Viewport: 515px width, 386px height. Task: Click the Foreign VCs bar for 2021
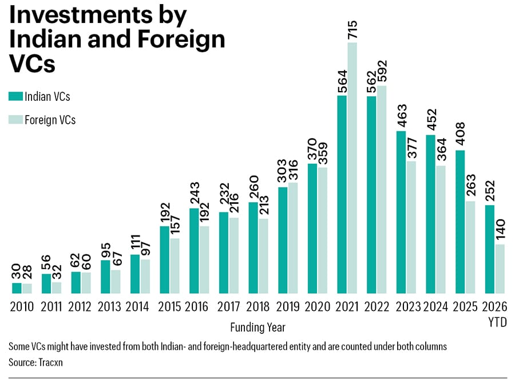[x=352, y=168]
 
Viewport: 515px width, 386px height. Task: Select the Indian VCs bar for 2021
[x=342, y=195]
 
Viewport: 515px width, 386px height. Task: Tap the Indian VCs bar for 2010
[x=17, y=288]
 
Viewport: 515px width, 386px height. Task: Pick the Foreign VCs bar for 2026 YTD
[x=500, y=269]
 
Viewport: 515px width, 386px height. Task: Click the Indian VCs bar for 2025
[x=460, y=222]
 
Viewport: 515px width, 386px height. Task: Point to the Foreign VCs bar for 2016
[x=204, y=260]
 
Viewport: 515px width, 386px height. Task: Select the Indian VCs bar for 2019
[x=283, y=241]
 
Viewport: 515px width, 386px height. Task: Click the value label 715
[x=352, y=30]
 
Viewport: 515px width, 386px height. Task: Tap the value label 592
[x=382, y=72]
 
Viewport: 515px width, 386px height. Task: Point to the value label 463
[x=401, y=116]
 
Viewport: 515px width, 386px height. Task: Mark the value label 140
[x=500, y=230]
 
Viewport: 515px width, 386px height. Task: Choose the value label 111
[x=135, y=243]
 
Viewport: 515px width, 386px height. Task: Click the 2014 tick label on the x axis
[x=137, y=307]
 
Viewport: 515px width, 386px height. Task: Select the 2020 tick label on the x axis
[x=317, y=307]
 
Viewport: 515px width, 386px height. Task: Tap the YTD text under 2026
[x=497, y=322]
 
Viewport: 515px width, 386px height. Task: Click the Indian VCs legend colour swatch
[x=15, y=96]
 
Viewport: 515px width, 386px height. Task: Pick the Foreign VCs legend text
[x=50, y=120]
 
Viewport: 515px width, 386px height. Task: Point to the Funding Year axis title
[x=258, y=328]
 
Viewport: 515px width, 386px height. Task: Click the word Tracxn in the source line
[x=50, y=363]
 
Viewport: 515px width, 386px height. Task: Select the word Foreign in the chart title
[x=181, y=40]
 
